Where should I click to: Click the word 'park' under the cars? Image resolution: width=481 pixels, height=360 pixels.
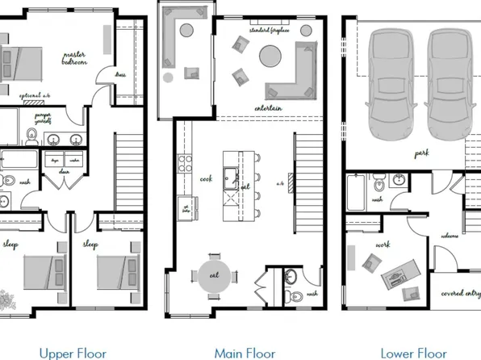pyautogui.click(x=421, y=153)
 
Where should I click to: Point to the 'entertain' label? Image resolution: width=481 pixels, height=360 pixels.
pyautogui.click(x=268, y=107)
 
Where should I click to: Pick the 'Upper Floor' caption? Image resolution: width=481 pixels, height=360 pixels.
pyautogui.click(x=73, y=353)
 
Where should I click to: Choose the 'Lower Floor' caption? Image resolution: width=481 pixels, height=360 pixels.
pyautogui.click(x=413, y=353)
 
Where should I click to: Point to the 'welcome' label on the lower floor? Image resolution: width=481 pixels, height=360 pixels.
pyautogui.click(x=449, y=236)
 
